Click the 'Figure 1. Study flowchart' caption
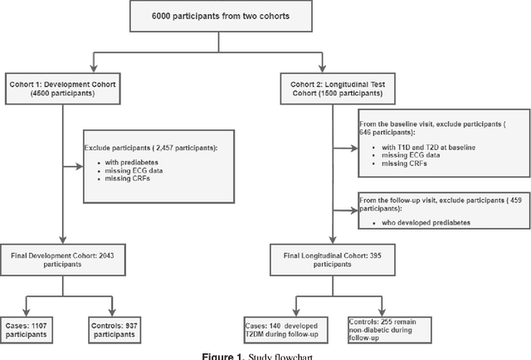tap(265, 354)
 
